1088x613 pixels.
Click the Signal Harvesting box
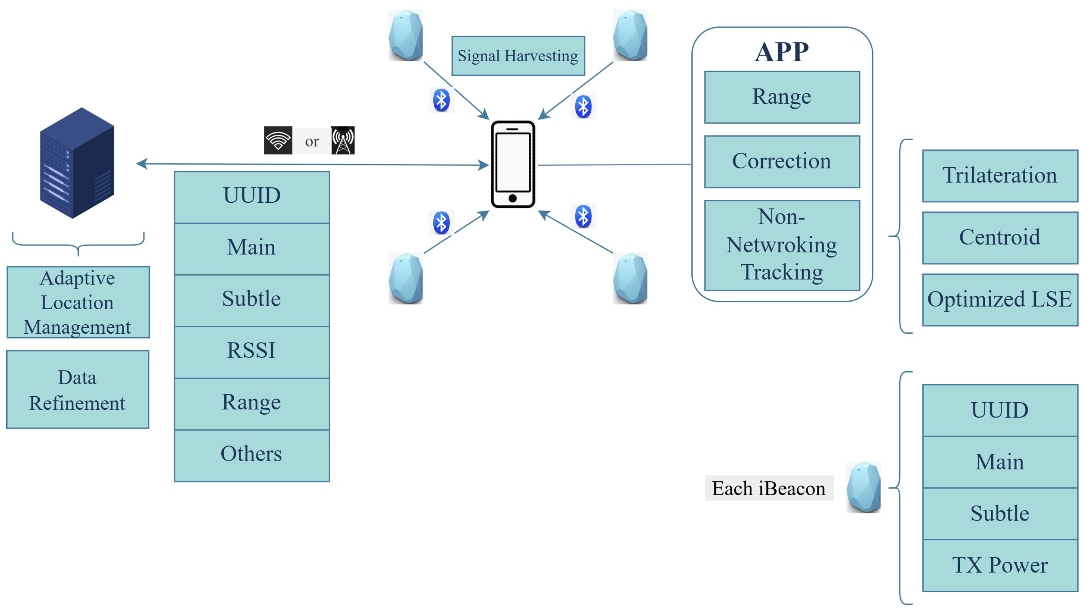[x=518, y=56]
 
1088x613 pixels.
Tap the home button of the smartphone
[x=512, y=198]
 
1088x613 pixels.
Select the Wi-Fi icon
[x=278, y=140]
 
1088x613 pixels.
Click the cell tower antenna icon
[x=343, y=140]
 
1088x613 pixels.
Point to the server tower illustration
[x=77, y=163]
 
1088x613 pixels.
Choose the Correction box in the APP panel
[x=782, y=161]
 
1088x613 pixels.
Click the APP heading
[x=782, y=52]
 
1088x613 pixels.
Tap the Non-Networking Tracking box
[x=782, y=245]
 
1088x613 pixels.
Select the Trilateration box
[x=1000, y=176]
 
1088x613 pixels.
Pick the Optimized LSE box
[x=1000, y=300]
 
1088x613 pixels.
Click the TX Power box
[x=1000, y=565]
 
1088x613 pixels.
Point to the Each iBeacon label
[x=769, y=489]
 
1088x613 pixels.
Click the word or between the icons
[x=312, y=141]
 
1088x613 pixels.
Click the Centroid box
[x=1000, y=237]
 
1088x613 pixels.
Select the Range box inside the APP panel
[x=782, y=97]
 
